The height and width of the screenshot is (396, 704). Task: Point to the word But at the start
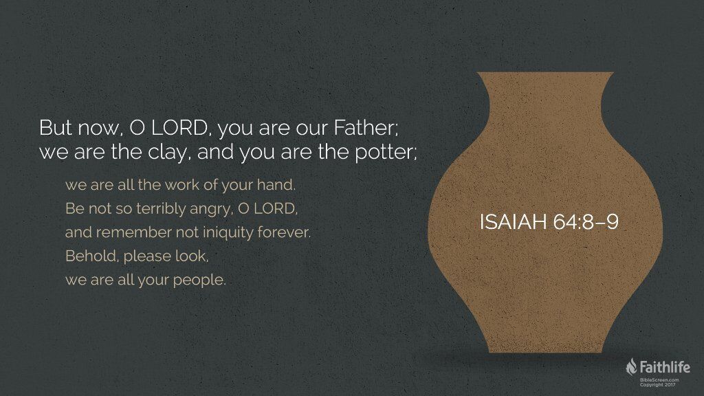(x=56, y=128)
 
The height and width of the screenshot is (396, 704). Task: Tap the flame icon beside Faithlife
(x=631, y=366)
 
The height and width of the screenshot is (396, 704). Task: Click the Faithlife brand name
(x=665, y=367)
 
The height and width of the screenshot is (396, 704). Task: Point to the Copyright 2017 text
(x=658, y=385)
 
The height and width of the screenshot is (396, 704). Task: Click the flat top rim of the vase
(x=545, y=73)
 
